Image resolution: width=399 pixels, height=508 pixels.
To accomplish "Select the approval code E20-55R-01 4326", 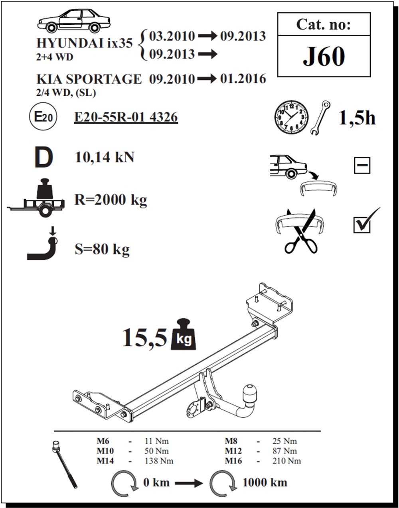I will click(126, 117).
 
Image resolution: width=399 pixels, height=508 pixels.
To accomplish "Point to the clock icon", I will click(291, 117).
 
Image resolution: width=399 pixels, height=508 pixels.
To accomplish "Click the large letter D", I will click(43, 158).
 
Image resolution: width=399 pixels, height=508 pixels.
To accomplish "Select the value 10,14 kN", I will click(105, 157).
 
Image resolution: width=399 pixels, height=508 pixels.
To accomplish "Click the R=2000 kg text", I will click(111, 199).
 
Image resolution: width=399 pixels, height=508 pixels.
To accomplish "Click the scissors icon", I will click(300, 232).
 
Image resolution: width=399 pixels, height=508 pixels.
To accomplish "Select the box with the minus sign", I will click(362, 165).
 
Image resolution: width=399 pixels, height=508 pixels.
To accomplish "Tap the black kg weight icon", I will click(183, 335).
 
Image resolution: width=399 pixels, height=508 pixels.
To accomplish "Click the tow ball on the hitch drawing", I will click(249, 393).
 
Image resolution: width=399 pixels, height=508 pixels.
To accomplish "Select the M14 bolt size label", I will click(105, 461).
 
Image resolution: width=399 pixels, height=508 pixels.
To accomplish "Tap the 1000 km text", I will click(265, 482).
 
